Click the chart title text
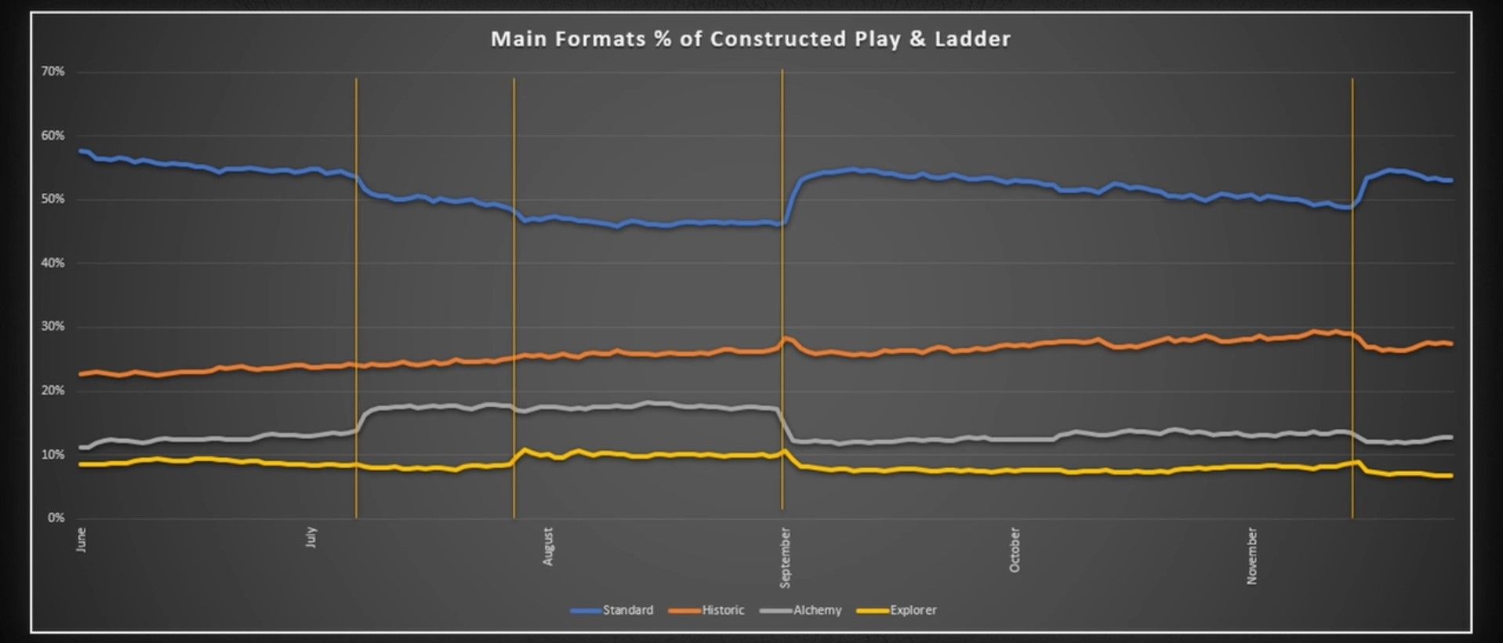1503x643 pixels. tap(750, 39)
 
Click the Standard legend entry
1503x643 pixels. tap(627, 610)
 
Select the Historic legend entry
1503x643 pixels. tap(722, 610)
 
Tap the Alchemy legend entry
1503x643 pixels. tap(817, 610)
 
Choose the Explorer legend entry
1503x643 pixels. tap(913, 610)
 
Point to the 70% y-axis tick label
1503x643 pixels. tap(53, 71)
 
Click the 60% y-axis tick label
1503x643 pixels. tap(53, 136)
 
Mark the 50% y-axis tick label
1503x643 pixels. tap(53, 199)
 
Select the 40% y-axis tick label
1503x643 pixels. tap(53, 263)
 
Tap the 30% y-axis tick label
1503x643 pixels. tap(53, 326)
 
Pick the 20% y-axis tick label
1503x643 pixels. tap(53, 391)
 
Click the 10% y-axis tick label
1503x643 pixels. tap(53, 455)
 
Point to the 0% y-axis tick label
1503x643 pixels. tap(56, 518)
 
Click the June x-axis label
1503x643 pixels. tap(82, 539)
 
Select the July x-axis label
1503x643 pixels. tap(311, 537)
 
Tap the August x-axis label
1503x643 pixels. tap(548, 547)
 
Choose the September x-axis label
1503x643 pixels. tap(785, 558)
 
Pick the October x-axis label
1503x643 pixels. tap(1015, 550)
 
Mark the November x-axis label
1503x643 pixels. tap(1251, 556)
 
